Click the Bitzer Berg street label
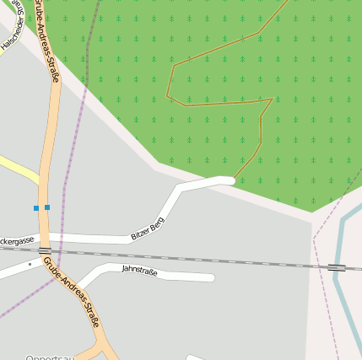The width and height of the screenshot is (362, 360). click(x=148, y=228)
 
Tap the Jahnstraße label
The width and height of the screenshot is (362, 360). click(x=139, y=270)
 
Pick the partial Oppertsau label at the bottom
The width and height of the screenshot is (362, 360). click(x=50, y=357)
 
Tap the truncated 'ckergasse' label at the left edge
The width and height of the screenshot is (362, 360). click(x=17, y=241)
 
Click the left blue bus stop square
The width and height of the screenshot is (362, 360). click(x=36, y=207)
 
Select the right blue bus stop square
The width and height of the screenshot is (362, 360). click(x=47, y=207)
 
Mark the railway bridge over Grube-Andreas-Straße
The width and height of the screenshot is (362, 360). click(x=45, y=250)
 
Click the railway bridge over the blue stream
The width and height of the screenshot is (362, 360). click(x=337, y=267)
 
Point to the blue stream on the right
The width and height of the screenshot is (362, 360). click(x=346, y=304)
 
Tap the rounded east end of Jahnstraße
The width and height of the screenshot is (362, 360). click(x=210, y=277)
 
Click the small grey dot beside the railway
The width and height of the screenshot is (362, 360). click(x=30, y=264)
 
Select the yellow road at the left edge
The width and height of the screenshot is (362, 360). click(x=17, y=169)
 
